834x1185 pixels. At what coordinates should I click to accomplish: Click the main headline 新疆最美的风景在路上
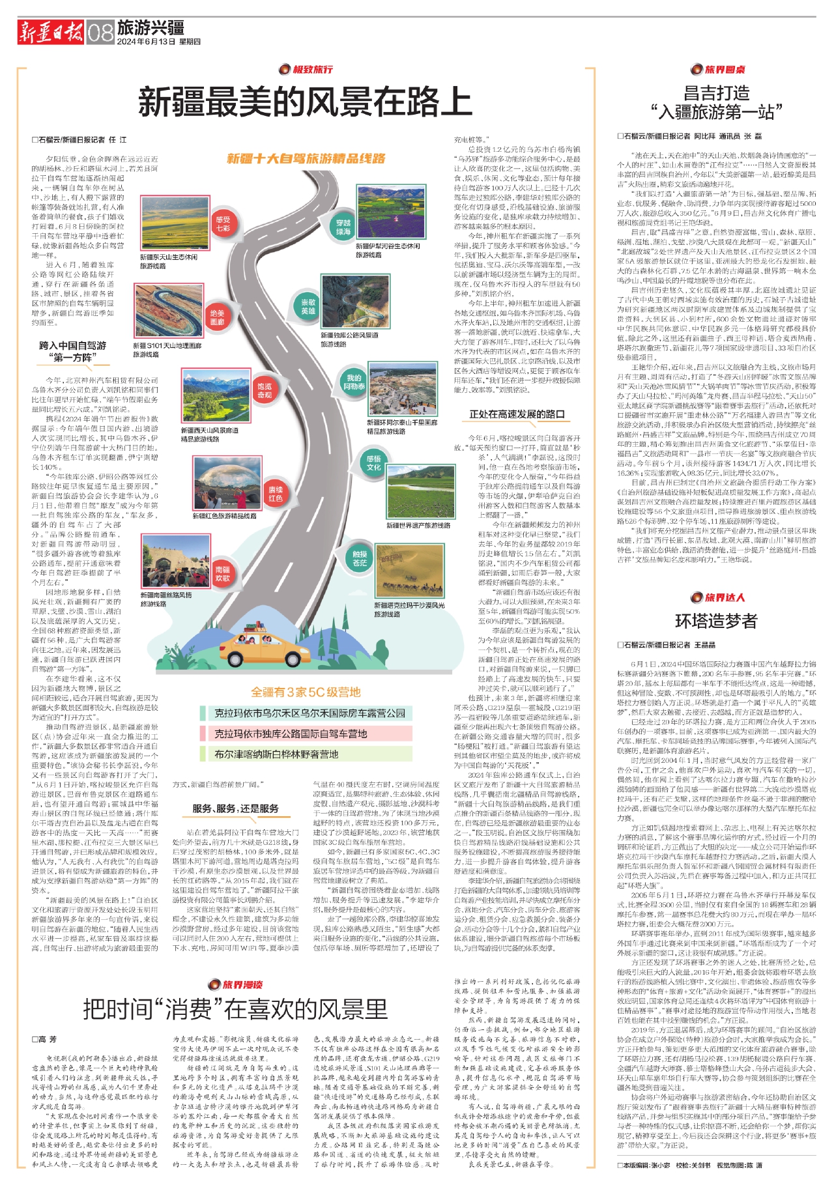point(305,102)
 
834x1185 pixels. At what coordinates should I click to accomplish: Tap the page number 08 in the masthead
point(100,31)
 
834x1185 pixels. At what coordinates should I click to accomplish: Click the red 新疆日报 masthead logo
point(51,31)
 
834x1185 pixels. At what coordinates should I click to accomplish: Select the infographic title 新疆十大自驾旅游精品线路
point(306,158)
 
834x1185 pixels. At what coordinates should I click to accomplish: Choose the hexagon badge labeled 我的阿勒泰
point(354,382)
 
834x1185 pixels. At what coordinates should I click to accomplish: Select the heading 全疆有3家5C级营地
point(306,692)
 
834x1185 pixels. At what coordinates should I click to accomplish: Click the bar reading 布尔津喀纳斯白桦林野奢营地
point(277,754)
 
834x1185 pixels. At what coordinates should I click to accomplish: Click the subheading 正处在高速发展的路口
point(517,414)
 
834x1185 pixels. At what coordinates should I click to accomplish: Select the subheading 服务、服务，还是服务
point(235,808)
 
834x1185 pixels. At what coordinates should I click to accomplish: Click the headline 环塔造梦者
point(716,621)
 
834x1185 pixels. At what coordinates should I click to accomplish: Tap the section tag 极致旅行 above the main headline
point(306,69)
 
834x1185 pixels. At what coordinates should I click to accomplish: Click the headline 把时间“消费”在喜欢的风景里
point(235,1010)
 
